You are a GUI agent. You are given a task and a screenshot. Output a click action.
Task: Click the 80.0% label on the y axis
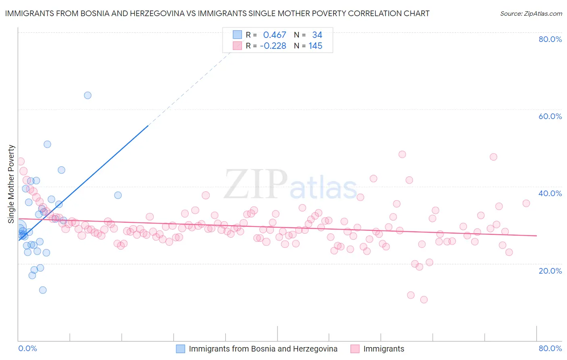click(x=550, y=39)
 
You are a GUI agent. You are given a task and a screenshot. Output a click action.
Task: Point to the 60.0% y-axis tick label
click(x=550, y=116)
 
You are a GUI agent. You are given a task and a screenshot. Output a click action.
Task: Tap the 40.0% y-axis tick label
click(x=550, y=193)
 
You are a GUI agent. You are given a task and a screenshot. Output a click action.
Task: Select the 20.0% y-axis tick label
click(x=550, y=271)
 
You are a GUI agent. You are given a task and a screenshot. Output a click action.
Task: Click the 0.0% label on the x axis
click(x=28, y=348)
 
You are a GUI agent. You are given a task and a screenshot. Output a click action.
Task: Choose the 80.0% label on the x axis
click(x=550, y=348)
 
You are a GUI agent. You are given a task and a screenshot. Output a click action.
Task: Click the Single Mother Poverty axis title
click(x=11, y=184)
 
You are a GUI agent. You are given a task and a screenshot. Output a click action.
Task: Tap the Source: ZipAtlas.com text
click(x=531, y=14)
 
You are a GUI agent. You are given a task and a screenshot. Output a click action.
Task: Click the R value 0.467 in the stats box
click(x=274, y=35)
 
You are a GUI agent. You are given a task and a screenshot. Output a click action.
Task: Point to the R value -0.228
click(x=273, y=46)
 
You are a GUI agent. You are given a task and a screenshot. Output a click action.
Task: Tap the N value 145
click(x=315, y=46)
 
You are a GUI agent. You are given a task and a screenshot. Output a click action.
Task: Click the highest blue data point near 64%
click(x=88, y=96)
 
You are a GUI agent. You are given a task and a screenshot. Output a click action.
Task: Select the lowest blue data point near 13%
click(x=43, y=290)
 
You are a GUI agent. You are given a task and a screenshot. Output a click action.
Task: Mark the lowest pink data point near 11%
click(x=424, y=299)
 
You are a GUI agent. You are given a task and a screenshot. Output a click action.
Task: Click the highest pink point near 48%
click(x=402, y=154)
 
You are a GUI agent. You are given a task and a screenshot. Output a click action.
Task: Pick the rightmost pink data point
click(x=526, y=203)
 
